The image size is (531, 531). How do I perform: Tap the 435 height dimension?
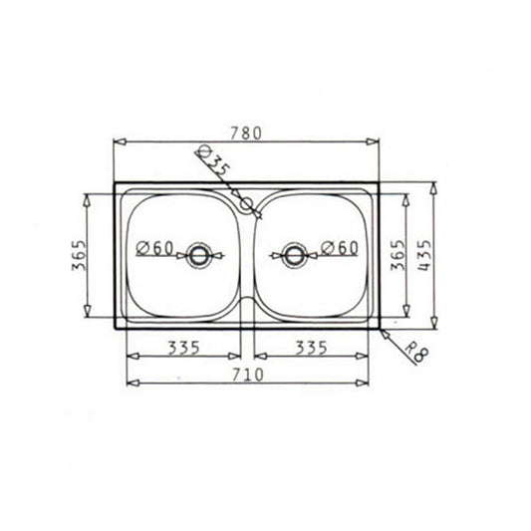[425, 256]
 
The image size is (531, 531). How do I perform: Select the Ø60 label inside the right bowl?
[340, 247]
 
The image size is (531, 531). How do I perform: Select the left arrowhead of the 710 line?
[129, 384]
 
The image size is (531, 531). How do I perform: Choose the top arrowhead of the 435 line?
[435, 186]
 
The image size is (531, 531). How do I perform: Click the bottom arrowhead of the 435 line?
[435, 324]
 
